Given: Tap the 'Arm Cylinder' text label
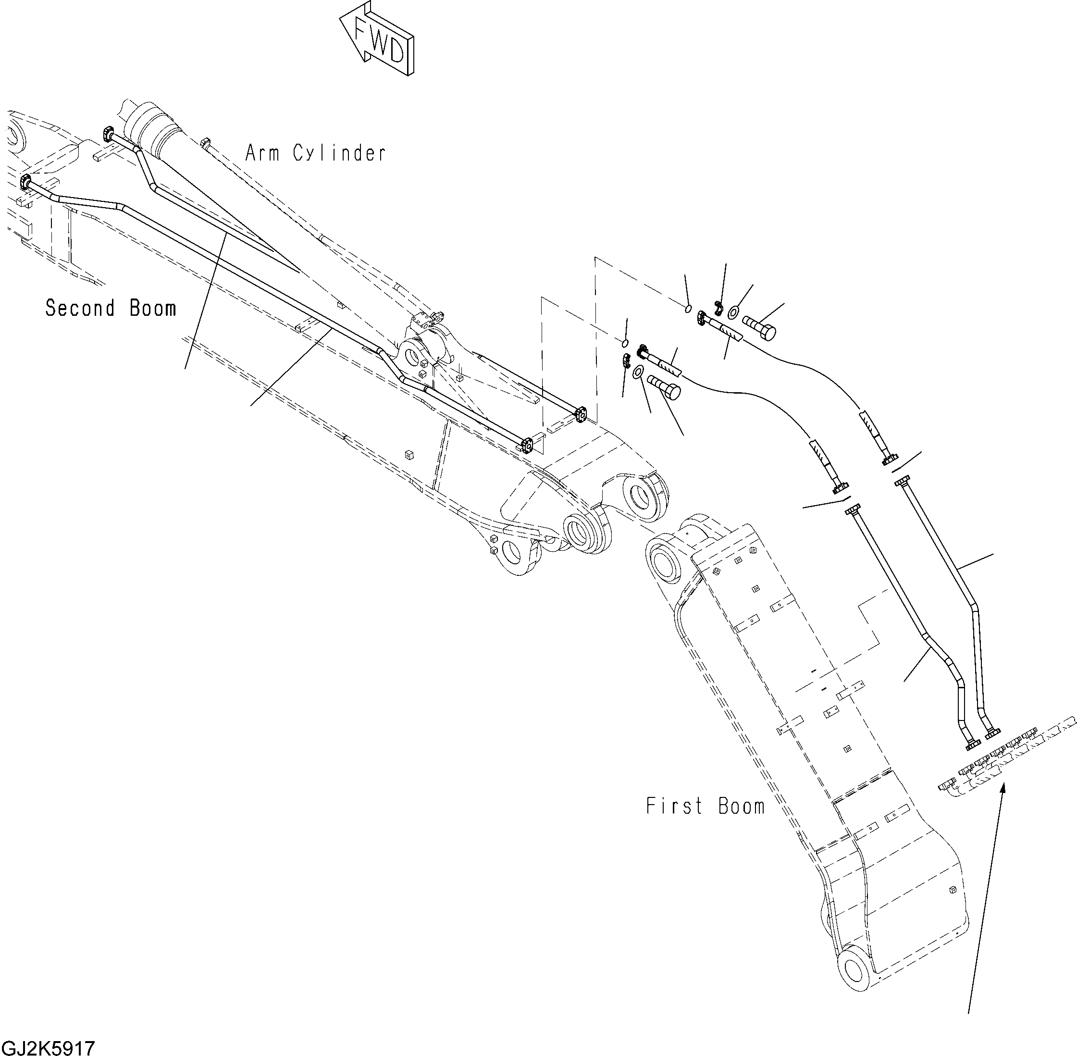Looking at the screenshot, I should [315, 153].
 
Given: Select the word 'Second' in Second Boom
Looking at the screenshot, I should [80, 308].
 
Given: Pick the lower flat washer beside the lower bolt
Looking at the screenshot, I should [638, 371].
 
